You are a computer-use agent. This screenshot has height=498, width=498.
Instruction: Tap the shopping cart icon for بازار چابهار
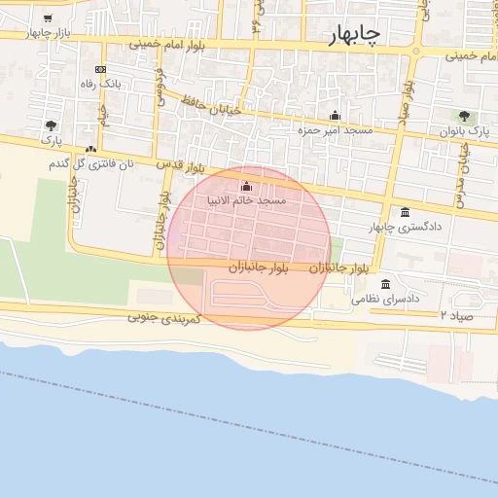[x=48, y=18]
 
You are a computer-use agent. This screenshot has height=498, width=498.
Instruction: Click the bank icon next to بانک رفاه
[x=100, y=70]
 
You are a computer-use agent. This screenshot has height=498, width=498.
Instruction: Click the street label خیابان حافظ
[x=208, y=104]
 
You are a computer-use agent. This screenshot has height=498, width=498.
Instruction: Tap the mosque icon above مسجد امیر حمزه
[x=335, y=115]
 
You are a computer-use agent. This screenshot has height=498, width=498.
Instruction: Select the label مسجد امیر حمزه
[x=335, y=129]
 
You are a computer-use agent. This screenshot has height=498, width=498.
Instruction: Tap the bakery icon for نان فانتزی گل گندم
[x=90, y=150]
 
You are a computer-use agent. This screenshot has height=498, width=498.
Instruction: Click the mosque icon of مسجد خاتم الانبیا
[x=245, y=186]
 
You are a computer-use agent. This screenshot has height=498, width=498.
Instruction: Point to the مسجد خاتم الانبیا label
[x=246, y=200]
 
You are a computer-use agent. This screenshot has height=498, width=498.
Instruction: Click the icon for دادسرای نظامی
[x=387, y=285]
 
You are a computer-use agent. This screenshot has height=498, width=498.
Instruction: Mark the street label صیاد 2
[x=455, y=316]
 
